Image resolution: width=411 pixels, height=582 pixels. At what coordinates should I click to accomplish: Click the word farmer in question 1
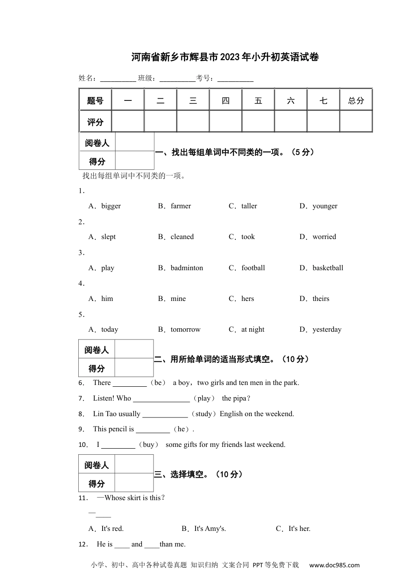[180, 206]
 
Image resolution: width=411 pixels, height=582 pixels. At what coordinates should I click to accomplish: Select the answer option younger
[324, 206]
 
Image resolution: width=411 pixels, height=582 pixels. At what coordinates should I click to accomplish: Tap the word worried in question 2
[324, 237]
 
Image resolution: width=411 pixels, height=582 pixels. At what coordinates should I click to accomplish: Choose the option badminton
[186, 268]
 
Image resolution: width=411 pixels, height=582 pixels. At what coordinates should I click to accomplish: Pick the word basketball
[328, 268]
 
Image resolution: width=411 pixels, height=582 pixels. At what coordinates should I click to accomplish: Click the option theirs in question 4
[321, 299]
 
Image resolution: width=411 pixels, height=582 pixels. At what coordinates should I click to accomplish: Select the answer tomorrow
[185, 330]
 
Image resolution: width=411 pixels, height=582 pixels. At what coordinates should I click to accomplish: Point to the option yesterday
[327, 330]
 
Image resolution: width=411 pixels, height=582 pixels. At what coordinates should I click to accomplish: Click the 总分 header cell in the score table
[356, 100]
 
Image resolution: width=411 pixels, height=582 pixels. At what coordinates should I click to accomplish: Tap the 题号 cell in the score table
[95, 100]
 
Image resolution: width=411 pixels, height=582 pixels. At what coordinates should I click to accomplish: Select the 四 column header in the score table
[225, 100]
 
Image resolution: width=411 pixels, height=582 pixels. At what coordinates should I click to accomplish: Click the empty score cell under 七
[323, 121]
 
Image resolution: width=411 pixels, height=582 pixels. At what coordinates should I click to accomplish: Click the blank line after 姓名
[118, 79]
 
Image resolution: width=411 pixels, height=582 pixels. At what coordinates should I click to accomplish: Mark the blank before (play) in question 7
[161, 399]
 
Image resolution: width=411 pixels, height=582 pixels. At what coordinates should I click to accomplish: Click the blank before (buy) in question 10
[118, 445]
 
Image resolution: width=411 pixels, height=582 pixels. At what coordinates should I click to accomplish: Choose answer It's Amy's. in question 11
[210, 529]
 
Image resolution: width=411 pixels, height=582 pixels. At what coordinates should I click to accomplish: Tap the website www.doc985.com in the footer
[334, 565]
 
